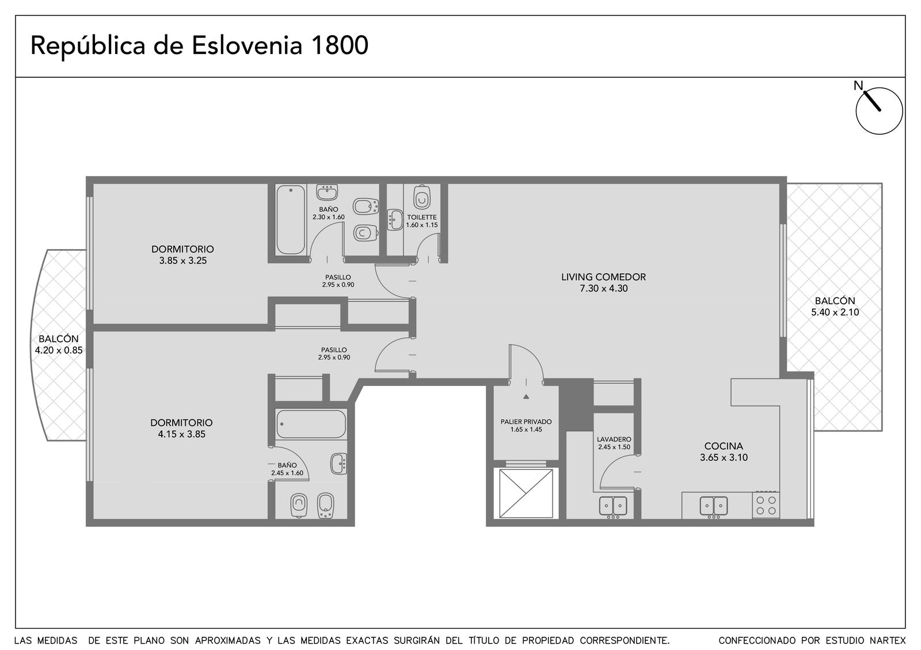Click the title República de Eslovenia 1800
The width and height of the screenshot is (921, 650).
pos(199,46)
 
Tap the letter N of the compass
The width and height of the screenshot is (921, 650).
pos(858,86)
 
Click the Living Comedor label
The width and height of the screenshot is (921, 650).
pos(604,282)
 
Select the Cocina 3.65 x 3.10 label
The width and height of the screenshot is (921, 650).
pos(724,452)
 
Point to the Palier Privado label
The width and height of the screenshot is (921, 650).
pos(526,425)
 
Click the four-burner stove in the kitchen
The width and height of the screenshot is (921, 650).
pos(766,505)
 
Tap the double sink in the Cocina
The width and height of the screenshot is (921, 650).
pos(714,506)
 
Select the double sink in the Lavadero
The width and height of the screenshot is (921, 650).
pos(612,506)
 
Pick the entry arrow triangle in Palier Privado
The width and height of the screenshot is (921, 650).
pos(526,396)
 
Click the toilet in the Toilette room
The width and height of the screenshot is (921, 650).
pos(422,198)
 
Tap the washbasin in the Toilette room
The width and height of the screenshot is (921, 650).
pos(395,220)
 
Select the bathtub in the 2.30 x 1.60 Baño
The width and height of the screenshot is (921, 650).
pos(291,220)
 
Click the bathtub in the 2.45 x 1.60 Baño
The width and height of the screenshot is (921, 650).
pos(311,423)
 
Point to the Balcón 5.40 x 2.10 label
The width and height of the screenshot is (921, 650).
pos(835,306)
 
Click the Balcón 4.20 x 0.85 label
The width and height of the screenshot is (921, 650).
pos(59,345)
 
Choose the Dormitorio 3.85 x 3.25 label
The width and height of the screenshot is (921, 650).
pos(182,254)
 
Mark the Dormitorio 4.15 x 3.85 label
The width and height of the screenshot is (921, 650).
pos(181,428)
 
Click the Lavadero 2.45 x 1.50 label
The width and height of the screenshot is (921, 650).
pos(614,443)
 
